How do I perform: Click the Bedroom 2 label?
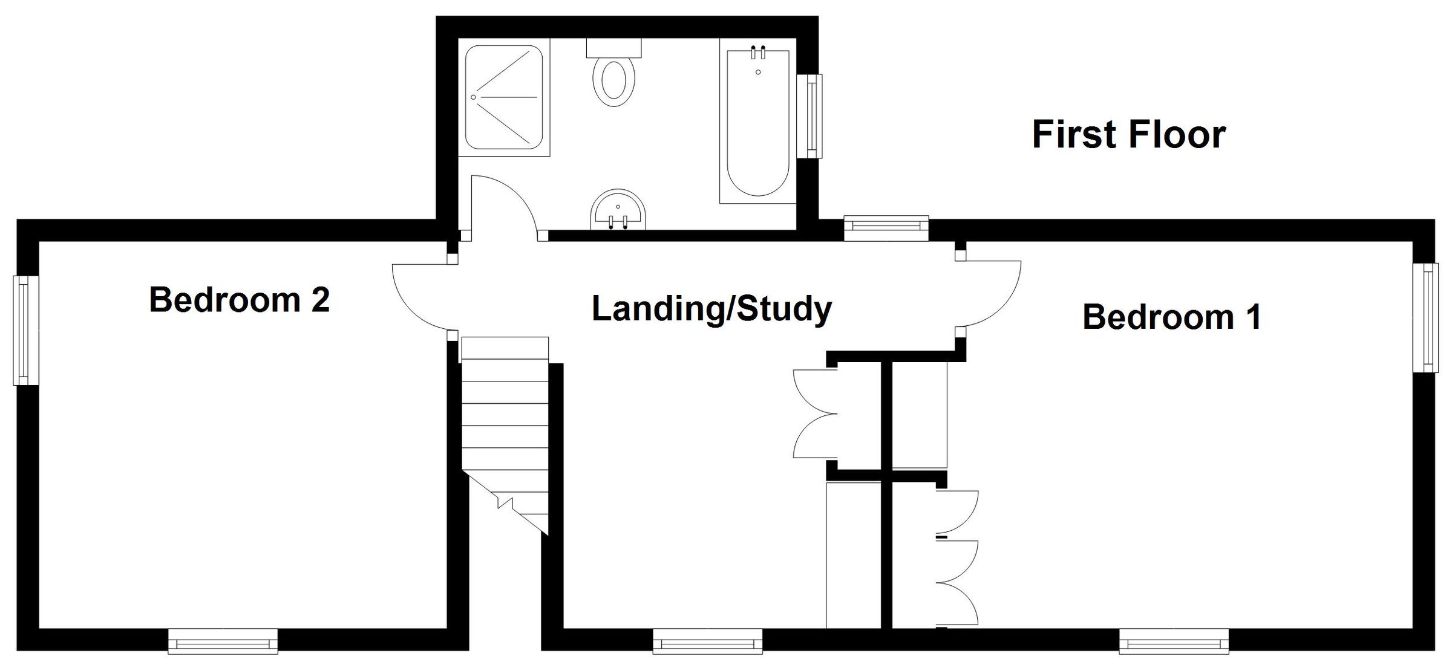[x=239, y=300]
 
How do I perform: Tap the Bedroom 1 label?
[x=1172, y=317]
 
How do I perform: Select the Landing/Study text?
[x=711, y=310]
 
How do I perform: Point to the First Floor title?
[x=1128, y=134]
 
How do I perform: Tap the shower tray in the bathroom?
[x=504, y=97]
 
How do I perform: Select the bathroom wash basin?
[x=618, y=211]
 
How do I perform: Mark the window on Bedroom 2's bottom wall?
[x=223, y=641]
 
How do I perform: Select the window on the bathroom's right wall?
[x=809, y=116]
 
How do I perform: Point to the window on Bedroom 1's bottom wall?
[x=1174, y=641]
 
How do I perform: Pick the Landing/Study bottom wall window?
[x=708, y=641]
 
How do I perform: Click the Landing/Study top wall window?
[x=886, y=228]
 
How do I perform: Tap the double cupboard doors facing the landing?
[x=814, y=414]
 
